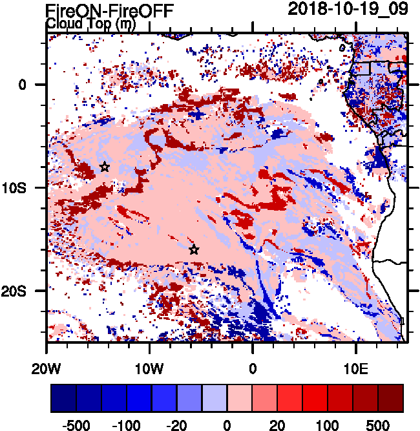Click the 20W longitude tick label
[47, 368]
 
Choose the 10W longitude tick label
[150, 368]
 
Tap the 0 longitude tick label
[253, 368]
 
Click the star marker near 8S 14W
[105, 167]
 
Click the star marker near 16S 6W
[194, 249]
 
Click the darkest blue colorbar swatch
[63, 397]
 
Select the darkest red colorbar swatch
[391, 397]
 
